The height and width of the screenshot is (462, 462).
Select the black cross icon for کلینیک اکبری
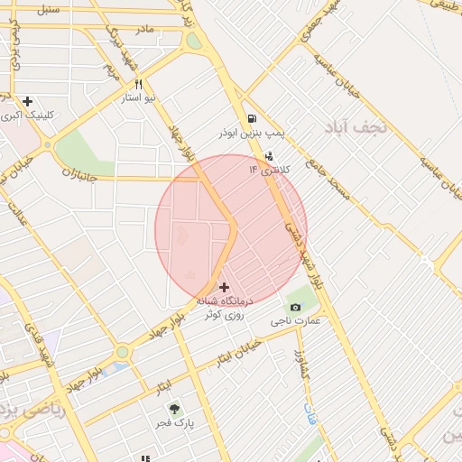coord(28,101)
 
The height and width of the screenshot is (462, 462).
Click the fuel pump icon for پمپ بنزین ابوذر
coord(250,117)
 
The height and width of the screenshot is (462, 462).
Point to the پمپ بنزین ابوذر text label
coord(250,133)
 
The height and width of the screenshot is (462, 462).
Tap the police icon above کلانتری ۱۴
coord(268,156)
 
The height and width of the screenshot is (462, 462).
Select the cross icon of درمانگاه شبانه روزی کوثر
coord(224,287)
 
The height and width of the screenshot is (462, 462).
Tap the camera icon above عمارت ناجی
coord(294,307)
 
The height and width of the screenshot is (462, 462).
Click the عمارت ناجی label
coord(294,321)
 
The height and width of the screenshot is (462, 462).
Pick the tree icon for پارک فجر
coord(175,408)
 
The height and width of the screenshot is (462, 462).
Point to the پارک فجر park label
coord(180,422)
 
